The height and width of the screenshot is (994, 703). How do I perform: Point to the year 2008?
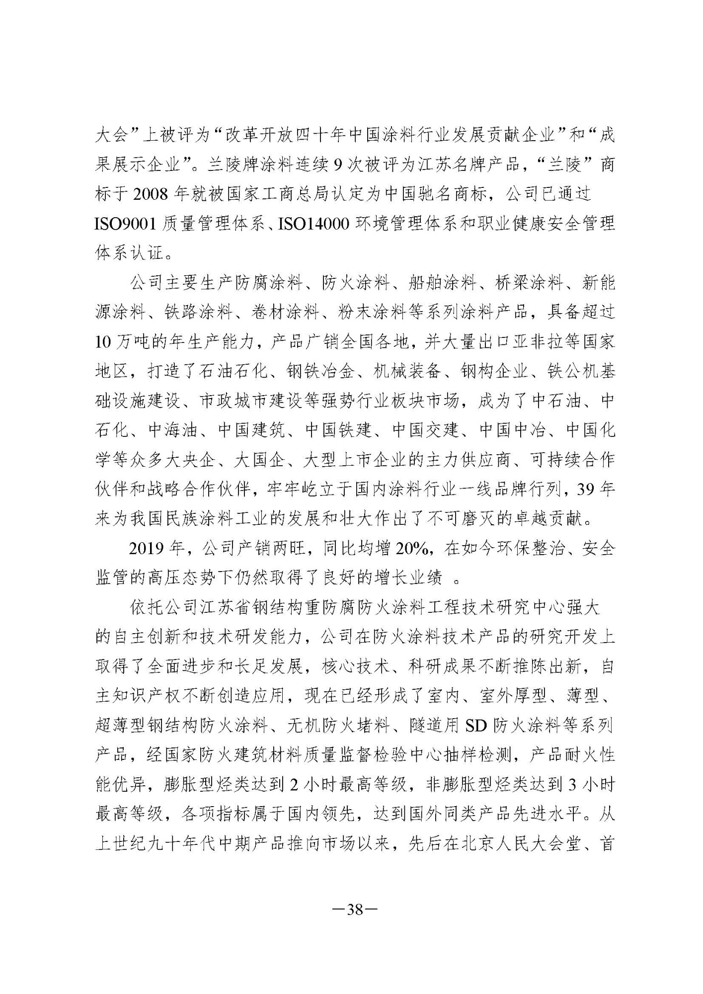coord(150,194)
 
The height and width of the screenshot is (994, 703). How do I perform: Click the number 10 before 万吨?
coord(104,342)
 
